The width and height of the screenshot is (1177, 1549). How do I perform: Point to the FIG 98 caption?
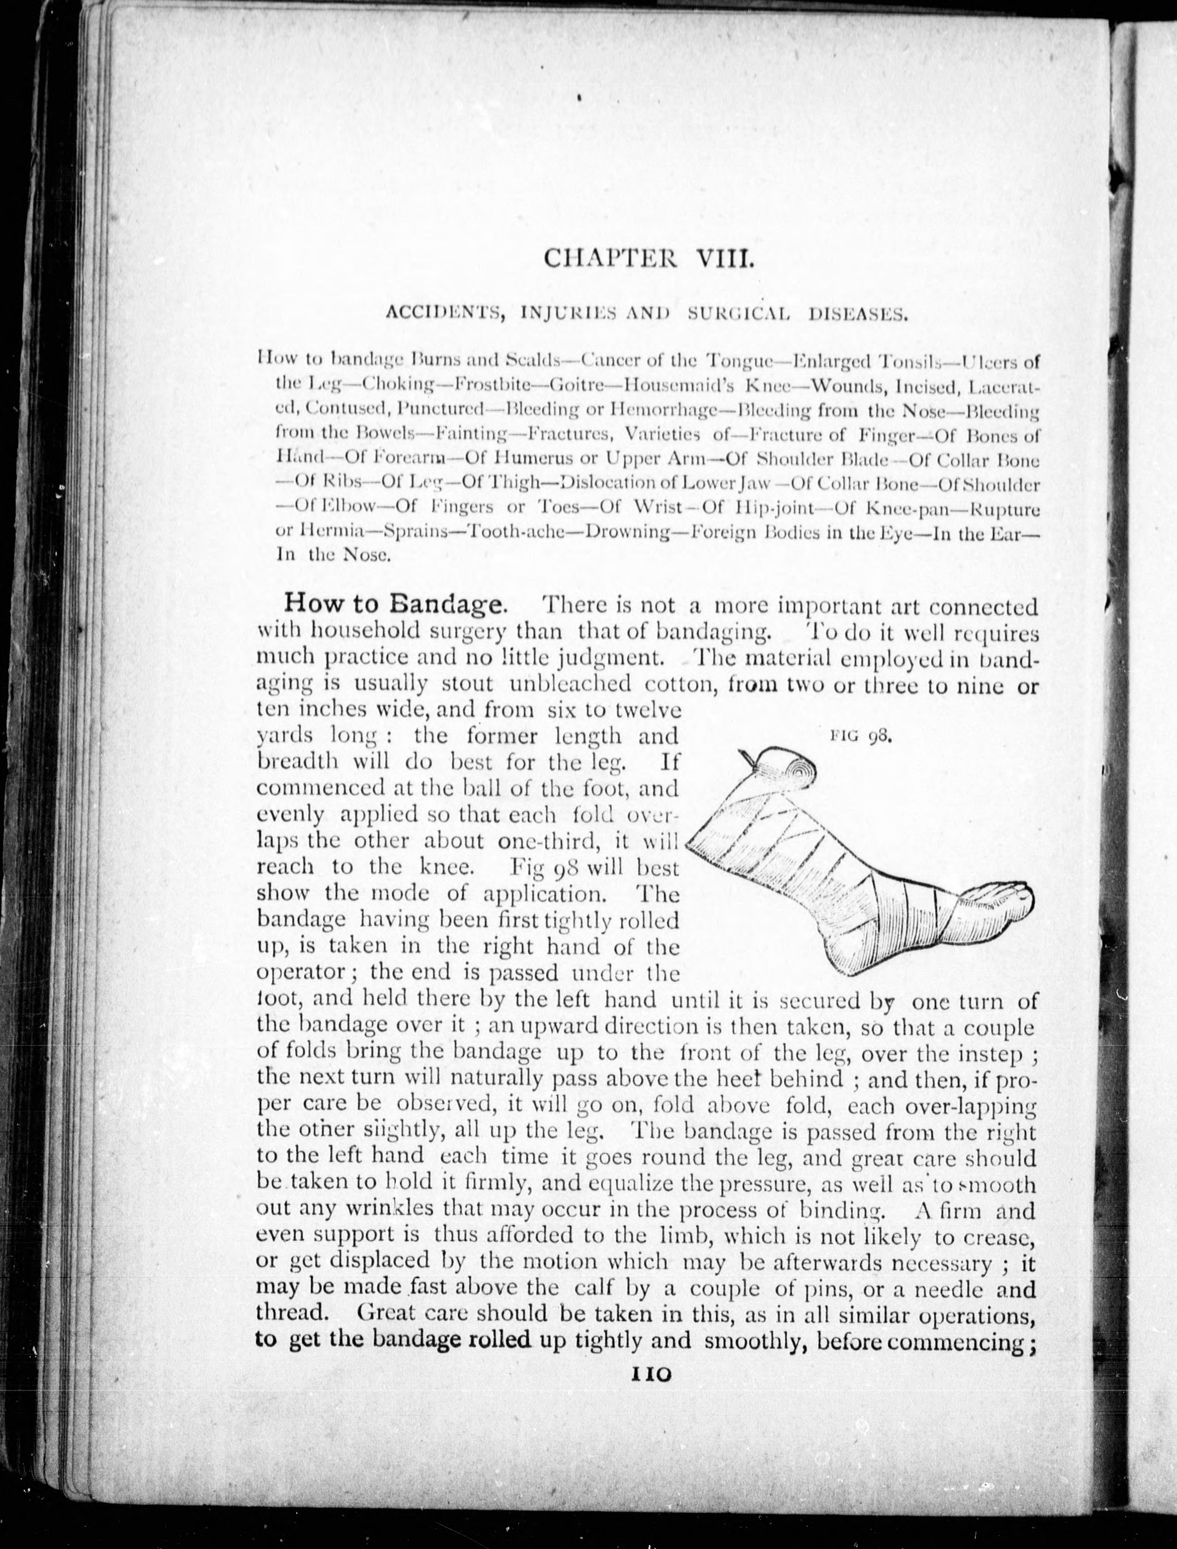coord(860,736)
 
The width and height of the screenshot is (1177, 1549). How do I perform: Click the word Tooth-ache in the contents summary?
coord(515,532)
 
